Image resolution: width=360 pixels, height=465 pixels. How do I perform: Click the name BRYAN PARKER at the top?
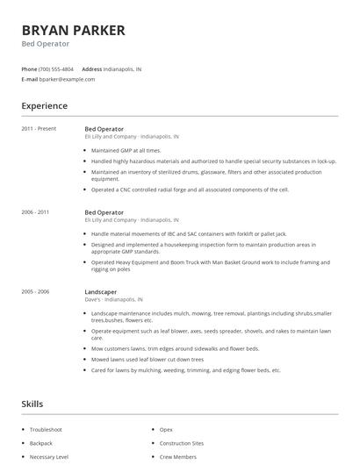(73, 30)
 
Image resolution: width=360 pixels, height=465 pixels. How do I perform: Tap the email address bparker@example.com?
(67, 79)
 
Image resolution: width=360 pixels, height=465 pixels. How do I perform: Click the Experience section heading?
(44, 106)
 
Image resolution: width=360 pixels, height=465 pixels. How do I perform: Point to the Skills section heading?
(32, 404)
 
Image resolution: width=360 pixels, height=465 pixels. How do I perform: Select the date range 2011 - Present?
(38, 129)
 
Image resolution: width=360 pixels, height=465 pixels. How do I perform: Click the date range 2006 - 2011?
(36, 212)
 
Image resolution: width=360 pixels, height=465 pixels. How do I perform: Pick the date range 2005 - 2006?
(36, 291)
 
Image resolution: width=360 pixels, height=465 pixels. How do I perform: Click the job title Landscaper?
(101, 291)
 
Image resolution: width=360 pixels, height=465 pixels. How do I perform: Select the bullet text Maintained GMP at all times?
(126, 150)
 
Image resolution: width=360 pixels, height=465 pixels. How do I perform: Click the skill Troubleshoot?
(46, 429)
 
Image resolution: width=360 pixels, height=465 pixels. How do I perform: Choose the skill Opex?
(166, 429)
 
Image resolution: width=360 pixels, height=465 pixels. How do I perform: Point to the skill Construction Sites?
(182, 443)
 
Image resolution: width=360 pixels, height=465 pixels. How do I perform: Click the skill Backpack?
(40, 443)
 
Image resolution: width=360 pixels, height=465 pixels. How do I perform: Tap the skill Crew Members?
(178, 457)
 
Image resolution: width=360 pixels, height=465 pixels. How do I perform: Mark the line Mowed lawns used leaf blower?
(147, 359)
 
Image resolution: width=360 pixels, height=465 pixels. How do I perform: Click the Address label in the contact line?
(91, 68)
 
